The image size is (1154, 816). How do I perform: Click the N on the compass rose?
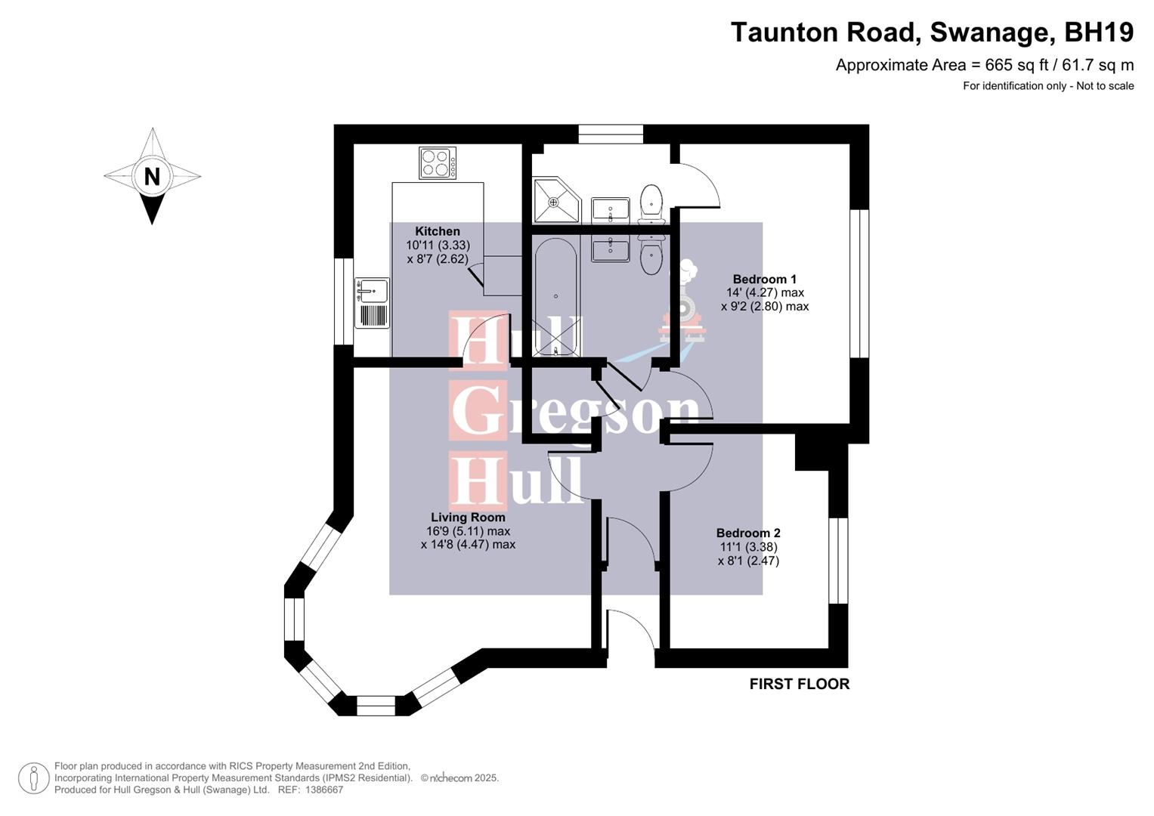tap(152, 177)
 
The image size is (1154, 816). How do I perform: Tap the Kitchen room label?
tap(438, 232)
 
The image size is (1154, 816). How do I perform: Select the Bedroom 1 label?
tap(764, 280)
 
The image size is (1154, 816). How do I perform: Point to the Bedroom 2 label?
tap(748, 533)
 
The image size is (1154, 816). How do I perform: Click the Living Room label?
tap(468, 518)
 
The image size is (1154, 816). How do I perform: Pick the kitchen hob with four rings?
tap(438, 163)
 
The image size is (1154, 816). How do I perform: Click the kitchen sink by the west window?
tap(372, 291)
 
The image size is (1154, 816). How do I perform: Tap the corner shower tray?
tap(555, 201)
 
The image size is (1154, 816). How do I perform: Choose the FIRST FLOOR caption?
tap(800, 685)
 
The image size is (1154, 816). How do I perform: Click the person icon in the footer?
tap(34, 778)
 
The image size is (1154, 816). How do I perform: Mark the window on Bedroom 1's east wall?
tap(859, 283)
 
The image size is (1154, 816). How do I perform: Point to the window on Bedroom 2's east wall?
tap(838, 560)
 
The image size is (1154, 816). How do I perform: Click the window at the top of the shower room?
tap(611, 134)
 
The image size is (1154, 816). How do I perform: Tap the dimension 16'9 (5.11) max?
tap(468, 531)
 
